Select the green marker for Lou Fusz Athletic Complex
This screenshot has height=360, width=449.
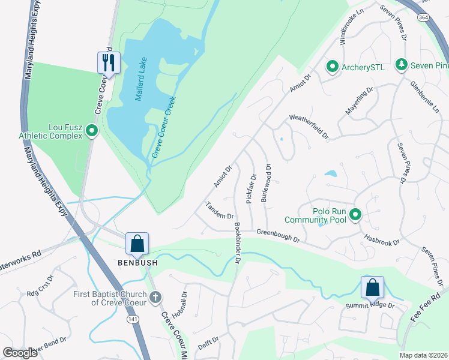tap(92, 130)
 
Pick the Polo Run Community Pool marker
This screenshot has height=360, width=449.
tap(355, 214)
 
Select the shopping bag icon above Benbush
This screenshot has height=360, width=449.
tap(137, 244)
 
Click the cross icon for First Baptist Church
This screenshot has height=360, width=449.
tap(155, 297)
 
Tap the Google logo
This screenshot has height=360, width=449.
tap(20, 353)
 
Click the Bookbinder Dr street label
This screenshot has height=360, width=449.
tap(238, 244)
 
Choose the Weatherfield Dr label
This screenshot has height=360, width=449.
tap(309, 127)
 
